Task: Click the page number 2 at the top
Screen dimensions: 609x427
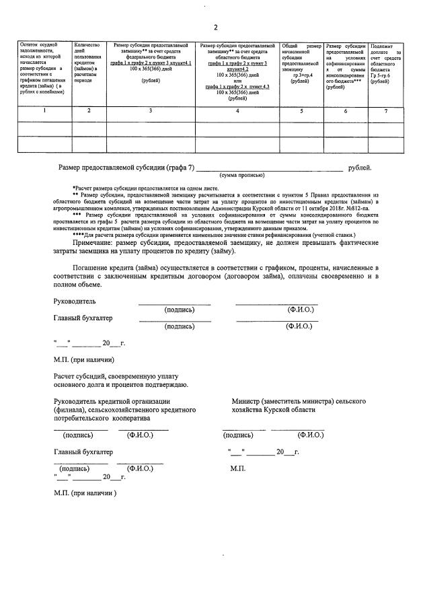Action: tap(215, 28)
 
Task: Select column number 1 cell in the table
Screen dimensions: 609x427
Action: tap(44, 110)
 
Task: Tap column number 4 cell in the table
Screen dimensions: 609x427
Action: tap(237, 110)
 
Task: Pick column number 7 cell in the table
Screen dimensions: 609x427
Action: tap(385, 110)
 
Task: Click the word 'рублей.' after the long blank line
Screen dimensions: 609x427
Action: tap(360, 168)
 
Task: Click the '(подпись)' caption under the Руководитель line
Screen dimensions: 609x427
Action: tap(179, 310)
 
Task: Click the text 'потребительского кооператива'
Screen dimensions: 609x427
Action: tap(102, 418)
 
